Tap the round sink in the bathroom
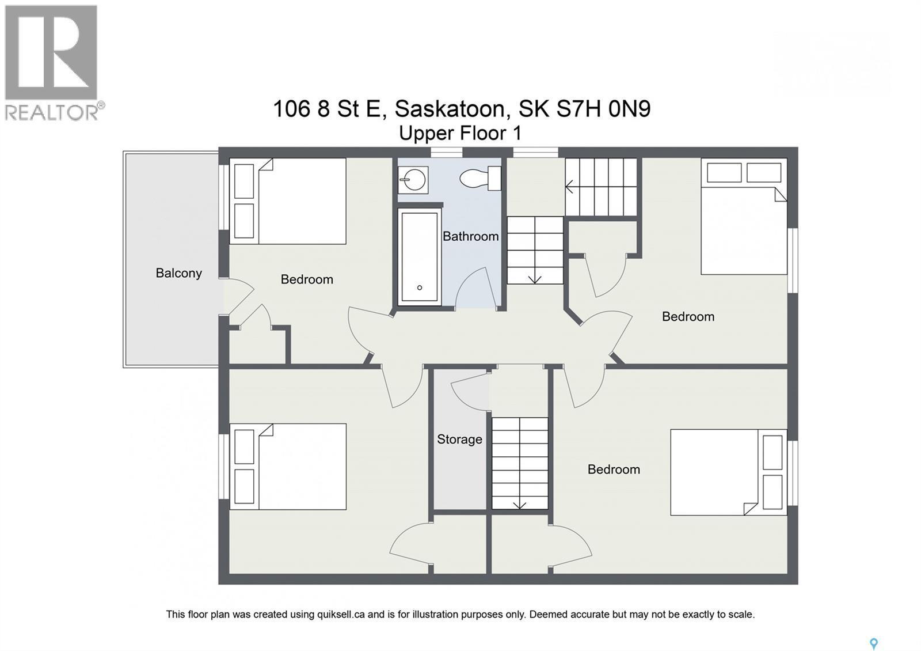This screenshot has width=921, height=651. (413, 180)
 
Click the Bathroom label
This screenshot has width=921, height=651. (470, 236)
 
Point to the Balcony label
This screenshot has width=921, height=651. (178, 273)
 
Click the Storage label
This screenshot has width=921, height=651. (459, 440)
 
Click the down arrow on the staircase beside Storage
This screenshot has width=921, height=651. (519, 504)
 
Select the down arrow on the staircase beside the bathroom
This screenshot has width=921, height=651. (534, 278)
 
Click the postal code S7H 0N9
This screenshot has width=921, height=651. (603, 108)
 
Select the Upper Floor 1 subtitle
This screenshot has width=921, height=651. (460, 134)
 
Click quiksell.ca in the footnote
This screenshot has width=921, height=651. (341, 615)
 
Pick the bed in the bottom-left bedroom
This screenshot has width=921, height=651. (288, 467)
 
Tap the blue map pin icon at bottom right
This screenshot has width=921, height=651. (873, 644)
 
